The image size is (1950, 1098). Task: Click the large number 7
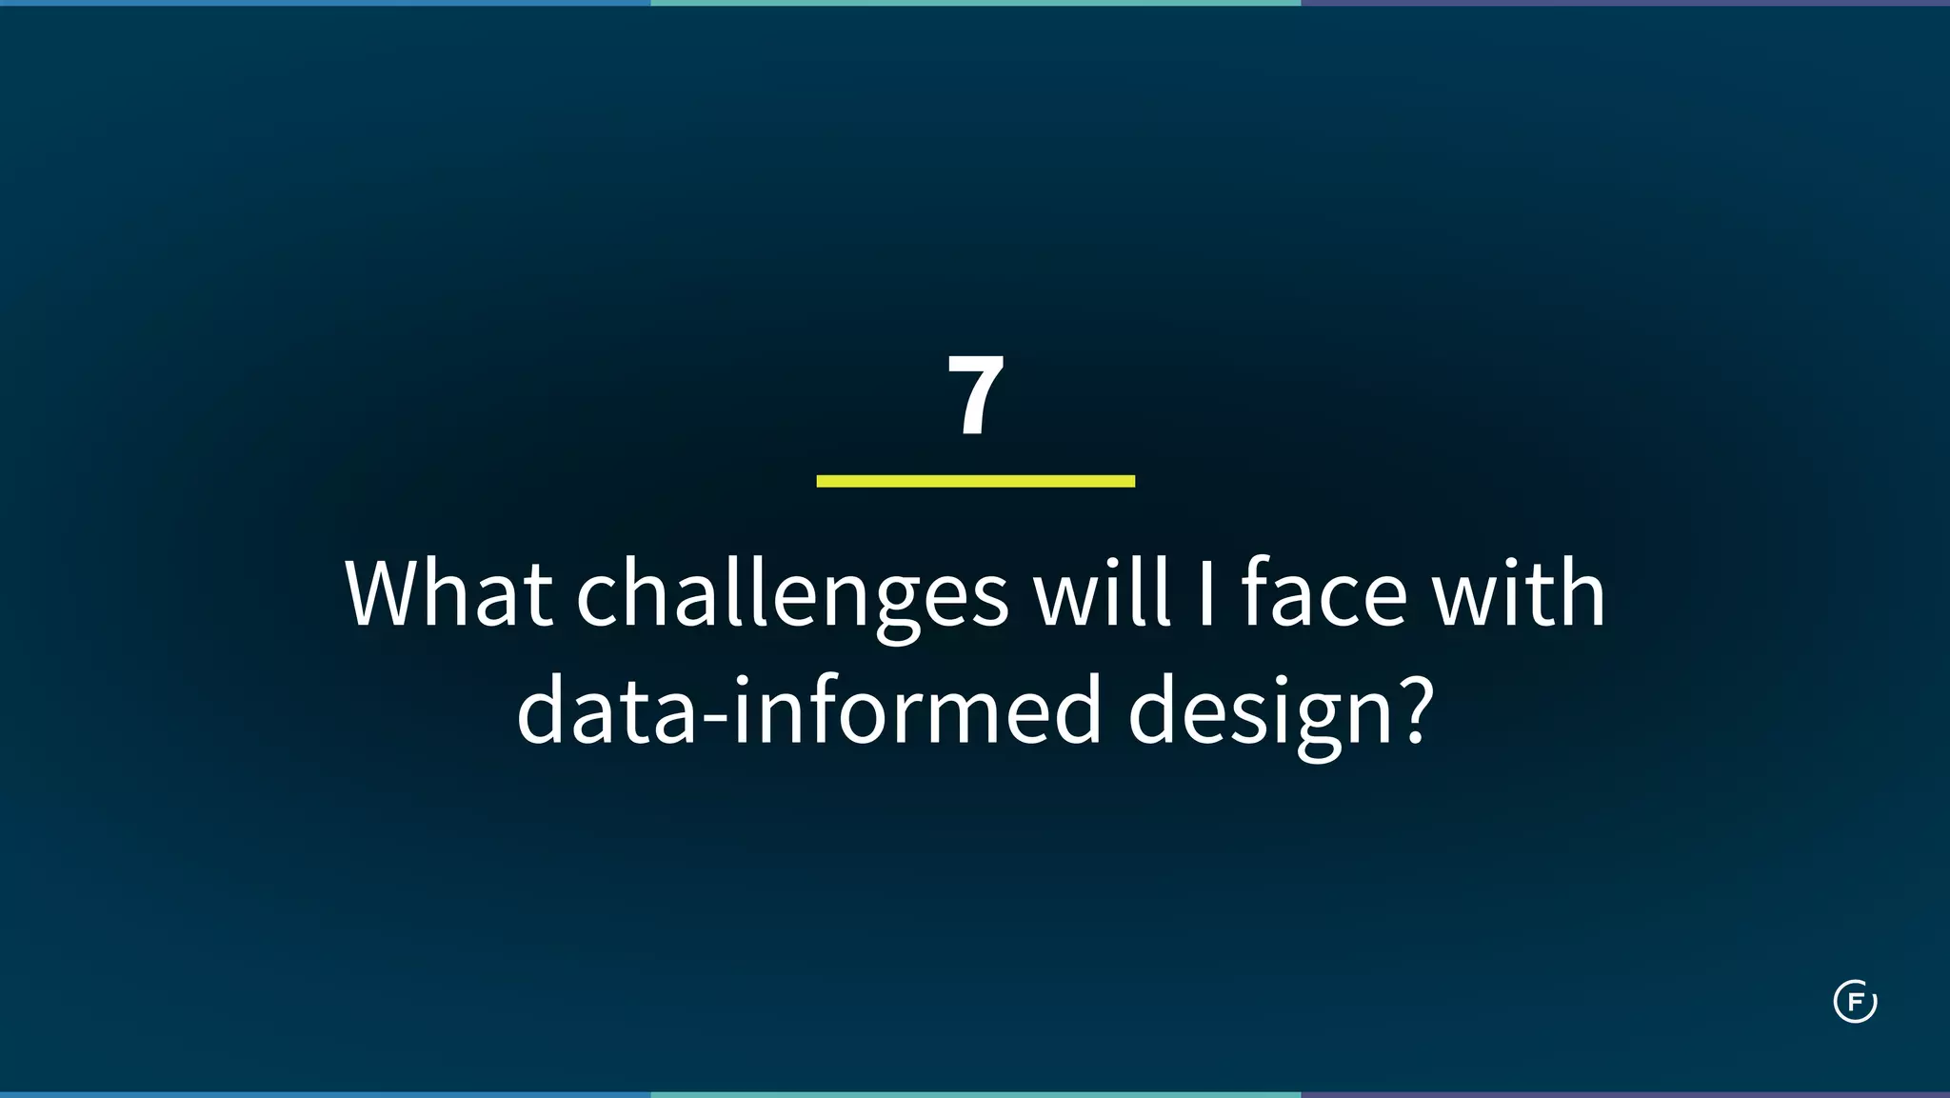(x=975, y=395)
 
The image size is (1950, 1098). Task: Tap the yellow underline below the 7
(x=975, y=481)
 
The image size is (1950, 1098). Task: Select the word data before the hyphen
(x=607, y=710)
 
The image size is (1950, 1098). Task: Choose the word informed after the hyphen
(x=917, y=710)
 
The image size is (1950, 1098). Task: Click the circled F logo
(x=1855, y=1002)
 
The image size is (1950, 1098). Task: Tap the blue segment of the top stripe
(x=325, y=3)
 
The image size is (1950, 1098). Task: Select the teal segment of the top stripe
(x=975, y=3)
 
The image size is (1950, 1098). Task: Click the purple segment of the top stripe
(x=1625, y=3)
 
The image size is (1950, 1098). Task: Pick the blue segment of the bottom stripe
(x=325, y=1094)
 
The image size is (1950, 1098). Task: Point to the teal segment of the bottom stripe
(x=975, y=1094)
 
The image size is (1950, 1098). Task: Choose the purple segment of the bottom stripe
(x=1625, y=1094)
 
